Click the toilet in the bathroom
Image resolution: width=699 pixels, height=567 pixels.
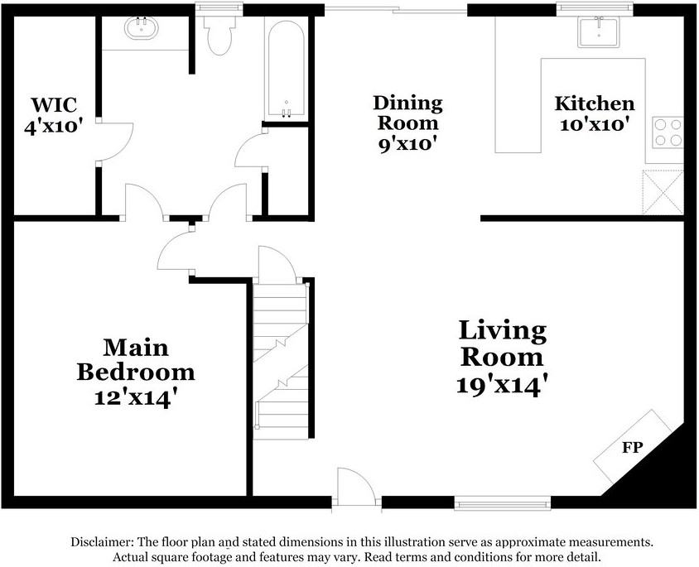coord(219,36)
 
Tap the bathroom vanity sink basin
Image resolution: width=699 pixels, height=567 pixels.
coord(142,27)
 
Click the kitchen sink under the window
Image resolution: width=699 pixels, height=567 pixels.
coord(598,32)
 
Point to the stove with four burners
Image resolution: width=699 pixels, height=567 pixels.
coord(668,132)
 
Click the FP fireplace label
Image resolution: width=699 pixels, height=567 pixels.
coord(632,447)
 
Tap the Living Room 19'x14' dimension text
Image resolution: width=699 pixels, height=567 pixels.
coord(502,385)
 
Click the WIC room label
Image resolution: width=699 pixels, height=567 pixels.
coord(54,105)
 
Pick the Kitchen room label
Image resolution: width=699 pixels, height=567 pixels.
coord(595,103)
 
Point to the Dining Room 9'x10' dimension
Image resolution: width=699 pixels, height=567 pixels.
coord(407,144)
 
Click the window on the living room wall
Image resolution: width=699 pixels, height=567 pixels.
coord(503,503)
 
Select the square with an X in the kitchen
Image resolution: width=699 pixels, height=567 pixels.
coord(663,192)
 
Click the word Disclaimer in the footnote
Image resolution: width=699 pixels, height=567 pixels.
coord(102,542)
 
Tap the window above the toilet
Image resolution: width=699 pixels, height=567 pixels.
coord(219,8)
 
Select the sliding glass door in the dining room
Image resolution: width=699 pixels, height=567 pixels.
coord(396,9)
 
